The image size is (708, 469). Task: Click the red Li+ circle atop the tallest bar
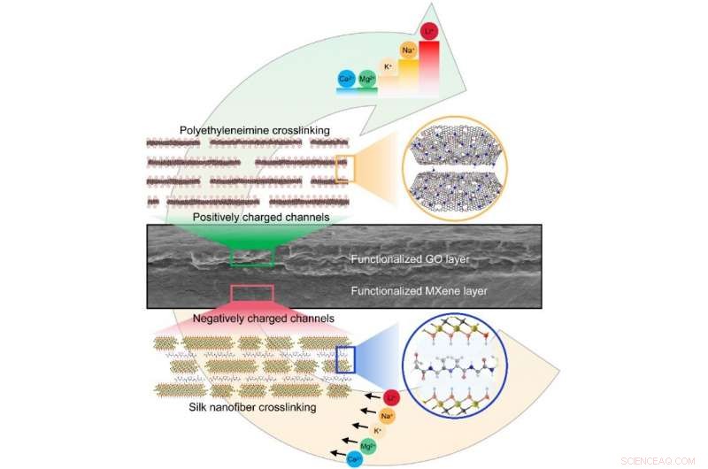pos(429,32)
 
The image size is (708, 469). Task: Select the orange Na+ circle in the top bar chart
pos(408,50)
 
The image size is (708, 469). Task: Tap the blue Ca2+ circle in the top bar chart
pos(346,80)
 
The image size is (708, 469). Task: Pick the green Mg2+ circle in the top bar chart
pos(366,80)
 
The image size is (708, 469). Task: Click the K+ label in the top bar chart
pos(388,66)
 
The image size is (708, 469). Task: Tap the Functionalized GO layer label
pos(409,260)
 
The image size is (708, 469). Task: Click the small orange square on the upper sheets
pos(344,168)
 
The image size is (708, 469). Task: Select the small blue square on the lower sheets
pos(345,358)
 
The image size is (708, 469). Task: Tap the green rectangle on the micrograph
pos(252,257)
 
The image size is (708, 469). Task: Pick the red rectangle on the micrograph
pos(252,293)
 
